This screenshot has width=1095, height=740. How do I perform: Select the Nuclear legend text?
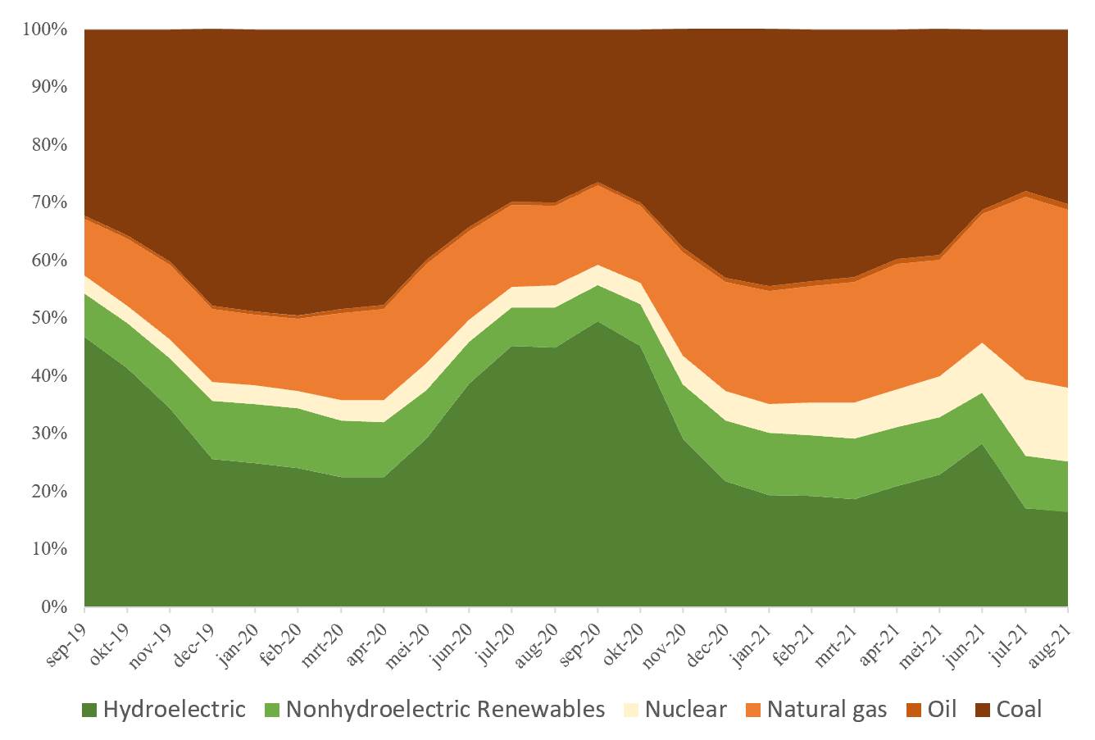[685, 709]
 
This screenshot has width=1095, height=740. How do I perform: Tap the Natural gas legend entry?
[826, 709]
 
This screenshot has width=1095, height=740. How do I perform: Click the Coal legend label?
[1019, 709]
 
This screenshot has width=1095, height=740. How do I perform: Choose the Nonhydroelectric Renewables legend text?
[445, 709]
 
